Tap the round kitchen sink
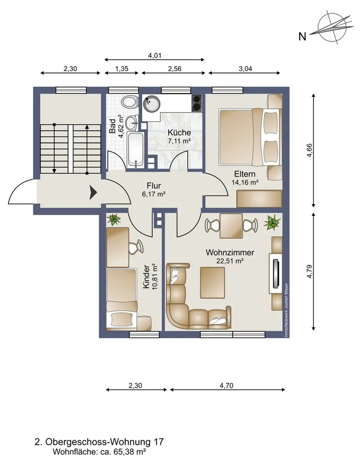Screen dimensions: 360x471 150,104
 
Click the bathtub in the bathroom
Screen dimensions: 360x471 135,149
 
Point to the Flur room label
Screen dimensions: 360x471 154,186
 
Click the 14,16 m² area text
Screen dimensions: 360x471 245,182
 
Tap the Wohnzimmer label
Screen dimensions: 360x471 230,252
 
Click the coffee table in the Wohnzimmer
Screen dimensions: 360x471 213,282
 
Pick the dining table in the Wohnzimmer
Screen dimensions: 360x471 231,225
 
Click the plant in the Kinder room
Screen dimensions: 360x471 114,219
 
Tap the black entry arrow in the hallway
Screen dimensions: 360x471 93,192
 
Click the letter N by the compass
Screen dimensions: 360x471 303,37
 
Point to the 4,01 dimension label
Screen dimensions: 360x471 155,56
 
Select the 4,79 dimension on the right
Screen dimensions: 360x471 309,272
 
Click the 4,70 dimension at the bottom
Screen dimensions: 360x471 227,385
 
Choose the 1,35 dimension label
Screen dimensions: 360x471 122,69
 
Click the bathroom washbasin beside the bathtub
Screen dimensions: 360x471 132,122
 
